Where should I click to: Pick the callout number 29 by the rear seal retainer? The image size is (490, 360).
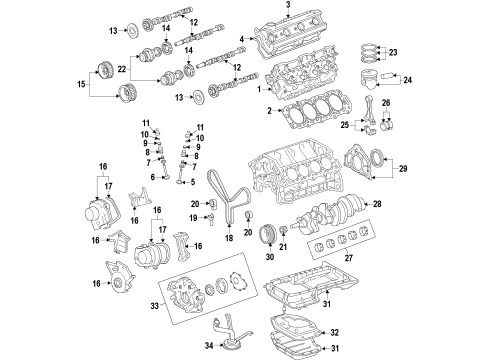[x=403, y=169]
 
